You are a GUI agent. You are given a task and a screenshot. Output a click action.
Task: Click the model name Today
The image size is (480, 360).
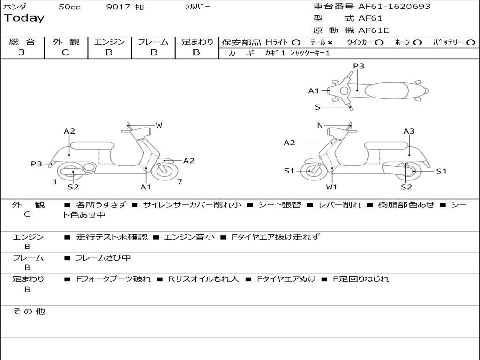pyautogui.click(x=24, y=18)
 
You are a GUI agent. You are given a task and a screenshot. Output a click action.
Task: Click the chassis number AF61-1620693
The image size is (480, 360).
pyautogui.click(x=394, y=7)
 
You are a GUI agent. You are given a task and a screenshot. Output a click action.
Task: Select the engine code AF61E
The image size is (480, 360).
pyautogui.click(x=374, y=30)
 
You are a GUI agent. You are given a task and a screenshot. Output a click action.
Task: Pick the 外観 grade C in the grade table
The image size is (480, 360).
pyautogui.click(x=65, y=52)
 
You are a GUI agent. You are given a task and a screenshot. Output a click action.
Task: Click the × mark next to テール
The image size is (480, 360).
pyautogui.click(x=330, y=43)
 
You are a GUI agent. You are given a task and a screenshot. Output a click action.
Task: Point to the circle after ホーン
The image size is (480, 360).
pyautogui.click(x=417, y=43)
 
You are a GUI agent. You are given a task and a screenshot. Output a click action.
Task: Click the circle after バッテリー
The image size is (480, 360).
pyautogui.click(x=471, y=43)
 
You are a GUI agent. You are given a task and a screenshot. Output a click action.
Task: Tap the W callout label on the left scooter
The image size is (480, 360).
pyautogui.click(x=159, y=125)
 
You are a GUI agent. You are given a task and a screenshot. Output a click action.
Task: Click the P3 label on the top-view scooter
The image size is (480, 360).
pyautogui.click(x=359, y=66)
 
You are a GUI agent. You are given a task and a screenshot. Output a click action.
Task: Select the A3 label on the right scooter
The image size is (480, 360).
pyautogui.click(x=409, y=131)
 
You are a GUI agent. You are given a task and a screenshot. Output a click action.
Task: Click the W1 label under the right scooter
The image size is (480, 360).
pyautogui.click(x=331, y=187)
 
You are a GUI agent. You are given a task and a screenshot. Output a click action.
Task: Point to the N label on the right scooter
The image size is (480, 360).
pyautogui.click(x=320, y=125)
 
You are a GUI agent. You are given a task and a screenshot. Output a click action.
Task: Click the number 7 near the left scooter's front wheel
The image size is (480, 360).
pyautogui.click(x=180, y=182)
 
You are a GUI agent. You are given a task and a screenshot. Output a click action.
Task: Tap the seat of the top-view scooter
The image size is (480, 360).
pyautogui.click(x=387, y=90)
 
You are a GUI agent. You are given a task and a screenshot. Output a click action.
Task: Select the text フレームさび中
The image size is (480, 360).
pyautogui.click(x=103, y=258)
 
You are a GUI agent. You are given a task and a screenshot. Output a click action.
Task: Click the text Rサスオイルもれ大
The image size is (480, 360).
pyautogui.click(x=204, y=279)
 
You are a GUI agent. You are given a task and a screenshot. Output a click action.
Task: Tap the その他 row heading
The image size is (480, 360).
pyautogui.click(x=29, y=311)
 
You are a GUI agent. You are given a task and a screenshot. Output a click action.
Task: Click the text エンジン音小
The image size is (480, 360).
pyautogui.click(x=189, y=237)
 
